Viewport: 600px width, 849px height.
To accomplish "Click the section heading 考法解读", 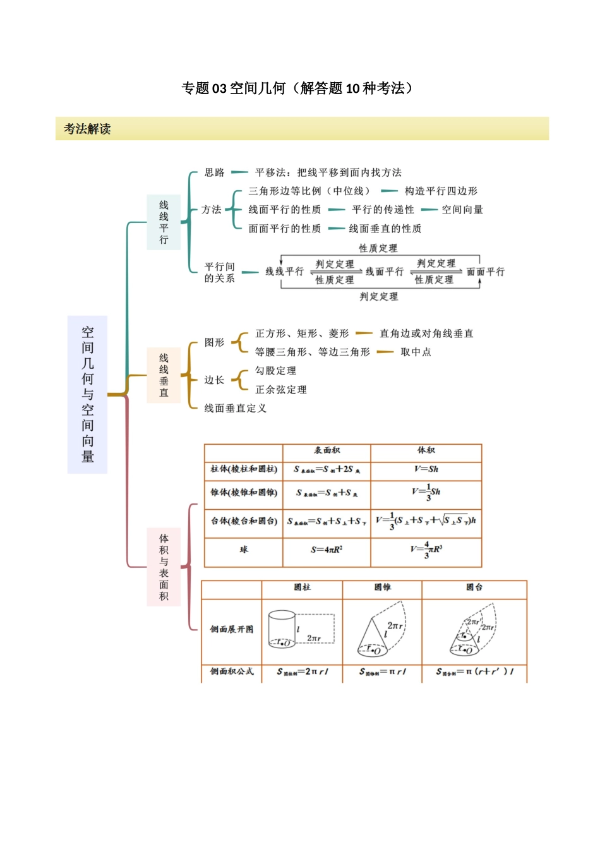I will [87, 129].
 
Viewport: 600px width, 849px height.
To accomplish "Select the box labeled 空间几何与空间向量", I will [87, 394].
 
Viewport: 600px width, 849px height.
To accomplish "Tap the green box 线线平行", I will [164, 222].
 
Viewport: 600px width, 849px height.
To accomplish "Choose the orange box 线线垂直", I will [164, 375].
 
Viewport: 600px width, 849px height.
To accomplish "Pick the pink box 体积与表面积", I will [164, 567].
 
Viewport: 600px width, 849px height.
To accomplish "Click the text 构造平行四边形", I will [441, 191].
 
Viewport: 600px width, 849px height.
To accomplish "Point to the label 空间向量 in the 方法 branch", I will [462, 210].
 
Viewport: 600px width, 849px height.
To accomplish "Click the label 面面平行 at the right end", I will [486, 272].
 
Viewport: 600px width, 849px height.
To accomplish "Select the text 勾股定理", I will [275, 371].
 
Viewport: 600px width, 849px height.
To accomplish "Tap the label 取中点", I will [416, 352].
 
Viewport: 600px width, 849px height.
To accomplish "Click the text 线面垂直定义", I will [235, 408].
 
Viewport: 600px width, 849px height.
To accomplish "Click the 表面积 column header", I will [327, 450].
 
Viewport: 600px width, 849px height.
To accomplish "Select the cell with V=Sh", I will [426, 469].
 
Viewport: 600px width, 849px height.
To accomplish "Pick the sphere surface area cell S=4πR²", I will [327, 550].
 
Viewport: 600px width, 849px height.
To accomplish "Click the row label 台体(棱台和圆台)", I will [244, 521].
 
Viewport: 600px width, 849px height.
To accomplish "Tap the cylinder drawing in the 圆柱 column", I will [282, 629].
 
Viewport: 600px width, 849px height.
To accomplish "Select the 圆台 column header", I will [474, 587].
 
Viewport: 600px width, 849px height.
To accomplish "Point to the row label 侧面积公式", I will [232, 671].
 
